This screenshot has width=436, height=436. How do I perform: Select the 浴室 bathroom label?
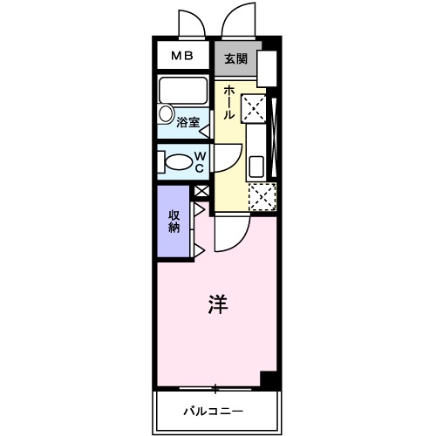coord(188,123)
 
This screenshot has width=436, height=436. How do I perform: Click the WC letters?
coord(200,162)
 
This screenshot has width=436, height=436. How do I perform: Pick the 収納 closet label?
coord(174,221)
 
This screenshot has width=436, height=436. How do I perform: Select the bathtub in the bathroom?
coord(181,92)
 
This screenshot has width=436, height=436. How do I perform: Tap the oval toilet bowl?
coord(178,162)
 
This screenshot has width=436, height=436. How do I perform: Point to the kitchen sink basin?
coord(257,166)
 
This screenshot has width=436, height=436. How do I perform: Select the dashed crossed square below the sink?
coord(262,197)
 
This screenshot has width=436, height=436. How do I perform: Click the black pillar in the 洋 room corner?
coord(269,380)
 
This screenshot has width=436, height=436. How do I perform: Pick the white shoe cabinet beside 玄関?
coord(267,69)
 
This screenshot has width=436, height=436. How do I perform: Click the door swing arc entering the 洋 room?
coord(232,234)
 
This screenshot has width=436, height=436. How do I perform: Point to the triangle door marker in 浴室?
coord(205,132)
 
